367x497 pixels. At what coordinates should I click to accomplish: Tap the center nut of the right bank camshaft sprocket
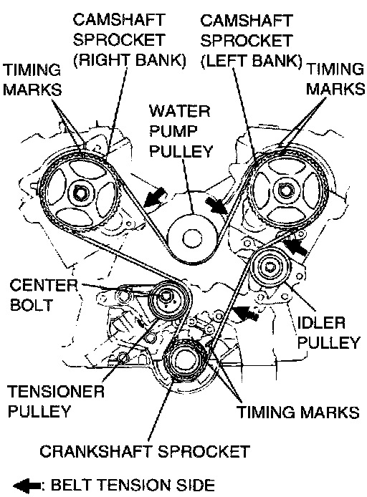pyautogui.click(x=79, y=193)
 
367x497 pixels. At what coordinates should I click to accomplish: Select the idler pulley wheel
pyautogui.click(x=270, y=267)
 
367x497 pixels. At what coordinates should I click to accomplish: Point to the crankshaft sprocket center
pyautogui.click(x=184, y=359)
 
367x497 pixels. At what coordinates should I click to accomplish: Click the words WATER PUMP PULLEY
pyautogui.click(x=181, y=131)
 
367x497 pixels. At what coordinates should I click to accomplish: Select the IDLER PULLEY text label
pyautogui.click(x=328, y=333)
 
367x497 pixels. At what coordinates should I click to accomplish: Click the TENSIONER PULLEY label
pyautogui.click(x=55, y=401)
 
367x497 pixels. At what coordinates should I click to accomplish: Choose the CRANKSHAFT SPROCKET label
pyautogui.click(x=145, y=451)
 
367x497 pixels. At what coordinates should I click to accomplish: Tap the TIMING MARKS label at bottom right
pyautogui.click(x=298, y=412)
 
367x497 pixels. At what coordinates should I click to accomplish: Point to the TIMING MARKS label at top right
pyautogui.click(x=335, y=79)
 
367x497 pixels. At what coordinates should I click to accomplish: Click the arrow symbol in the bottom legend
pyautogui.click(x=27, y=486)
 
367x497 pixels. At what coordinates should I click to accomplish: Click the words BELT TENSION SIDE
pyautogui.click(x=133, y=485)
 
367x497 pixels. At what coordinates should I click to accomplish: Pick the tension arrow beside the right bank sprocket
pyautogui.click(x=154, y=196)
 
